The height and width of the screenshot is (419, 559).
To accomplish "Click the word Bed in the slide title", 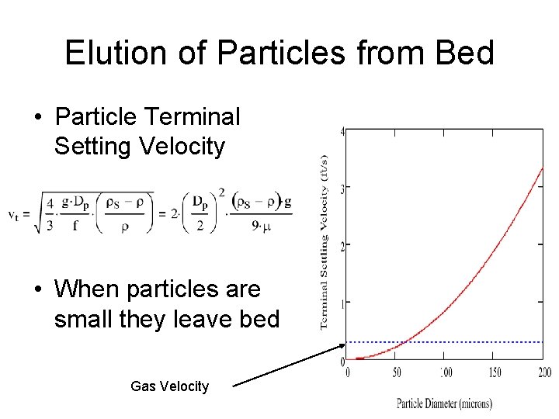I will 465,53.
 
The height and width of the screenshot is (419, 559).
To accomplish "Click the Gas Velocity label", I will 169,386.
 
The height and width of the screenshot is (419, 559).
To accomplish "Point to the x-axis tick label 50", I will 398,373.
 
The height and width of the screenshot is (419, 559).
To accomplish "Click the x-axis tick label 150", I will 495,373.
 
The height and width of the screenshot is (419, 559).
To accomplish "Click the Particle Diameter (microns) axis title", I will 444,403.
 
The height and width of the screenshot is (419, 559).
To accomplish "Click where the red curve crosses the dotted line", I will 403,342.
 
